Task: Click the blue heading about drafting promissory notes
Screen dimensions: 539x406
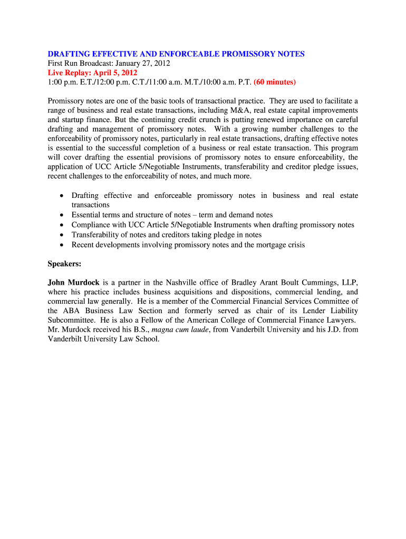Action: (176, 54)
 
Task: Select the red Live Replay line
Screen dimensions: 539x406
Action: (92, 73)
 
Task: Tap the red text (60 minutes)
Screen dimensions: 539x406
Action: (275, 82)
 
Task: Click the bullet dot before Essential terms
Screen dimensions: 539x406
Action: (62, 215)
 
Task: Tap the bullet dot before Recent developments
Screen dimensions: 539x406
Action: (62, 245)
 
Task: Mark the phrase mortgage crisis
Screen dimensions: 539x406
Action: (278, 245)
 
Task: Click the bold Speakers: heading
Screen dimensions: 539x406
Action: (64, 264)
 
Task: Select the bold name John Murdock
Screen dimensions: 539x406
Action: (73, 283)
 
